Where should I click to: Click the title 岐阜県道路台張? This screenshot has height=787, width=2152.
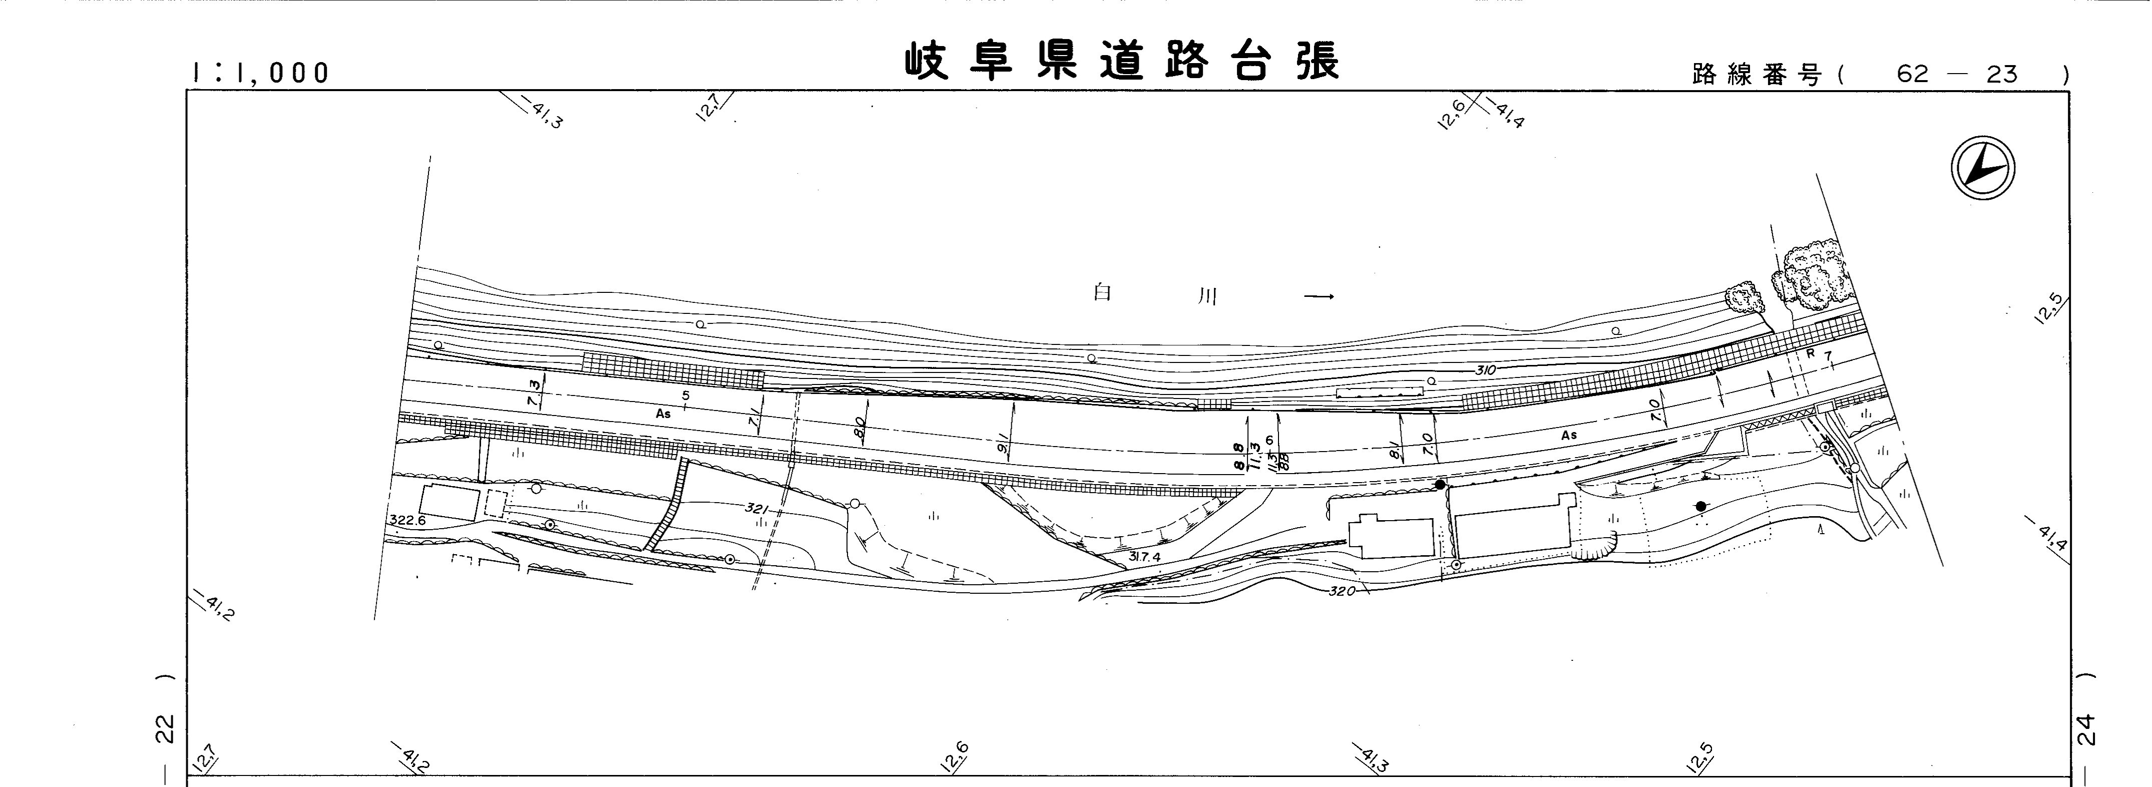(1122, 62)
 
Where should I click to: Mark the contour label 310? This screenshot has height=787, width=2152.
(1485, 370)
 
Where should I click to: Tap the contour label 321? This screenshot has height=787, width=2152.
(756, 508)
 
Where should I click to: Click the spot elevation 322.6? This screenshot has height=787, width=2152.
(407, 520)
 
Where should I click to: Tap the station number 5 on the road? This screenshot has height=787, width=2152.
(686, 395)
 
